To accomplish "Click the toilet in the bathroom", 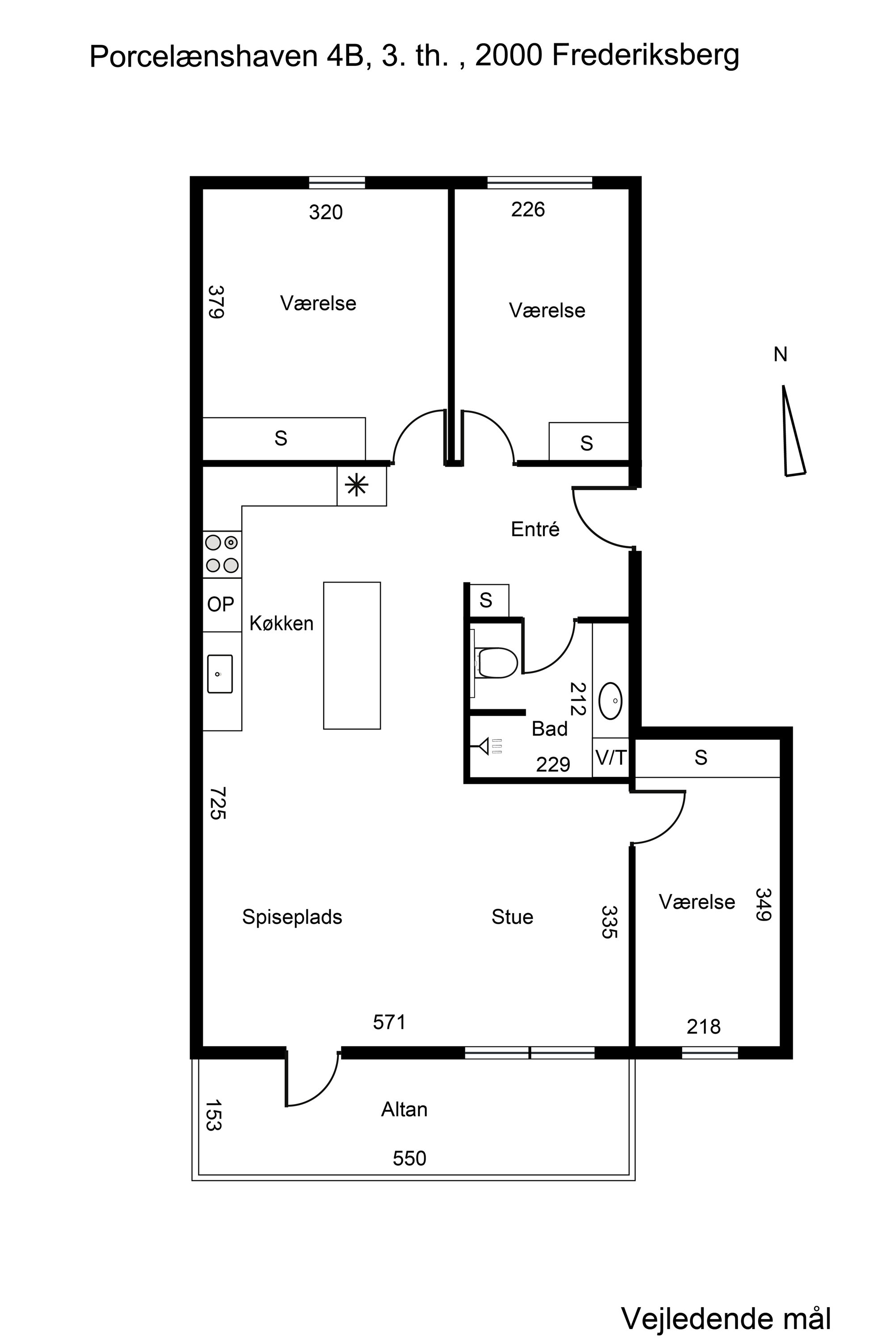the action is pyautogui.click(x=495, y=663).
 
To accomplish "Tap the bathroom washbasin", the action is pyautogui.click(x=611, y=700).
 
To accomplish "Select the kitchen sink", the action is pyautogui.click(x=219, y=674).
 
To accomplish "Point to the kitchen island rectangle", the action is pyautogui.click(x=352, y=656).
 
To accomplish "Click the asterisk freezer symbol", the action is pyautogui.click(x=357, y=485).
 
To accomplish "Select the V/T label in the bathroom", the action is pyautogui.click(x=611, y=758).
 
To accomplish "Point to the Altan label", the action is pyautogui.click(x=404, y=1109).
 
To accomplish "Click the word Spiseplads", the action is pyautogui.click(x=292, y=917).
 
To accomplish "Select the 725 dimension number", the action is pyautogui.click(x=217, y=803).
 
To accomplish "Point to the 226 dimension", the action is pyautogui.click(x=528, y=209).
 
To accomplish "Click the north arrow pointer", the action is pyautogui.click(x=793, y=430).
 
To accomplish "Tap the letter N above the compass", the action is pyautogui.click(x=780, y=355).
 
